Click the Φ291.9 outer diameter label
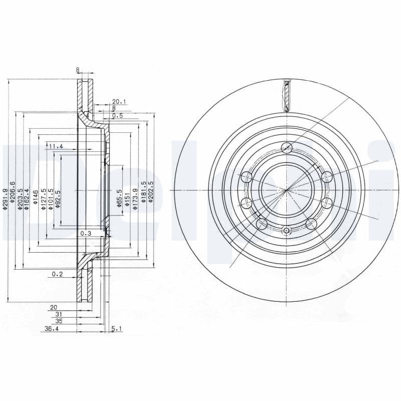(x=6, y=198)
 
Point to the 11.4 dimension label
(x=56, y=146)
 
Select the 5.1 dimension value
(x=116, y=329)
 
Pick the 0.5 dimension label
(x=118, y=115)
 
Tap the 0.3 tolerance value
(x=86, y=234)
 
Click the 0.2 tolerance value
(x=57, y=274)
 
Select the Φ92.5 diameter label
(x=58, y=198)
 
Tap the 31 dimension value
(x=59, y=314)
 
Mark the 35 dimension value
(x=59, y=321)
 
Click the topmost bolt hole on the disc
(x=286, y=147)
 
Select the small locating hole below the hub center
(x=286, y=231)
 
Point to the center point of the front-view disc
(x=286, y=190)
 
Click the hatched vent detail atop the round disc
(x=287, y=95)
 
